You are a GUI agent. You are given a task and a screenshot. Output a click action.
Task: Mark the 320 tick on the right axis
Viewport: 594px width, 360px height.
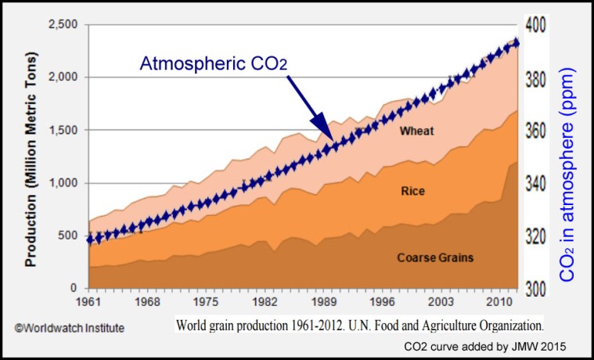pos(538,236)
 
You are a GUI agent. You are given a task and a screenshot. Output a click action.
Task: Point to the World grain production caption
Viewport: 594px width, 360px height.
pos(359,322)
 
